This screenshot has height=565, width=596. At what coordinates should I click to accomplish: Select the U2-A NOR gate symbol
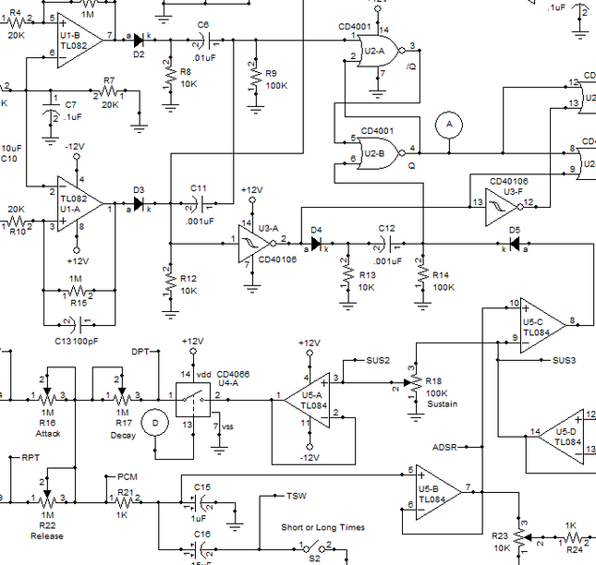378,52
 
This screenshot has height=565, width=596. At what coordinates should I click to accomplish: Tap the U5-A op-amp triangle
310,399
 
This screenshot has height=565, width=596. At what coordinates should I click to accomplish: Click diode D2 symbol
140,40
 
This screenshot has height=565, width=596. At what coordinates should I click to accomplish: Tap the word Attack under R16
47,433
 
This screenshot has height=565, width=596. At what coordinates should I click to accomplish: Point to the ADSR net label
445,447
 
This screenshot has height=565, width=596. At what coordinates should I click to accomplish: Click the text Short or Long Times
322,527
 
